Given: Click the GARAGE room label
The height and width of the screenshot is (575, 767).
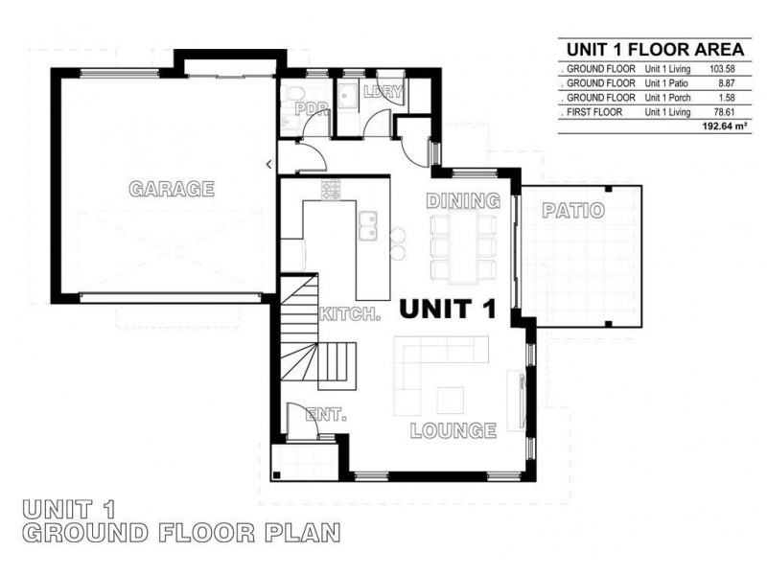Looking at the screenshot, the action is click(172, 189).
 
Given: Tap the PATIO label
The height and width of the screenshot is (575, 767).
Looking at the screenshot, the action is click(573, 211).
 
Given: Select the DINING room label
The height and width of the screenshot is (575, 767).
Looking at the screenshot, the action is click(463, 201).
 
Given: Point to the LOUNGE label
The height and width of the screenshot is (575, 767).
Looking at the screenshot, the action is click(453, 430).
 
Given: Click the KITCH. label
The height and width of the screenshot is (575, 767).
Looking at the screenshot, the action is click(350, 314).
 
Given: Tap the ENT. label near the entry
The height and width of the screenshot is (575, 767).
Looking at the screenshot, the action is click(326, 415).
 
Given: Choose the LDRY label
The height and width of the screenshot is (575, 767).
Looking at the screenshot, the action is click(383, 91).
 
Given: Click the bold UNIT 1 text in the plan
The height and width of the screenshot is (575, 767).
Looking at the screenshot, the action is click(448, 309).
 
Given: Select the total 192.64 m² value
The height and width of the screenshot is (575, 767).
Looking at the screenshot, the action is click(725, 126).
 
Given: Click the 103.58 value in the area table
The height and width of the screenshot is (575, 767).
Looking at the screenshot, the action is click(722, 69).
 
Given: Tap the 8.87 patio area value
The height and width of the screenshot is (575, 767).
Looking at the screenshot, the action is click(727, 83).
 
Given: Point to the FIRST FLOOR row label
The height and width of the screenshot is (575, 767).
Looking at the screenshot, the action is click(594, 112).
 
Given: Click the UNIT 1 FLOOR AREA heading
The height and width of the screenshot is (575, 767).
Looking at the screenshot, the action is click(656, 50).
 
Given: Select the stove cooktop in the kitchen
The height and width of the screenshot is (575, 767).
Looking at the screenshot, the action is click(331, 189).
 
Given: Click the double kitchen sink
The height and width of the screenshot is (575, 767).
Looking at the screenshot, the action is click(368, 225).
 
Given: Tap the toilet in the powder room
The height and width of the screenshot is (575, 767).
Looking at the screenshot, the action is click(293, 94).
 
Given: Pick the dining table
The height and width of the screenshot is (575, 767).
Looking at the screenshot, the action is click(464, 247).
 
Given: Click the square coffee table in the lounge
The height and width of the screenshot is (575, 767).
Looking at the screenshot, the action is click(451, 401).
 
